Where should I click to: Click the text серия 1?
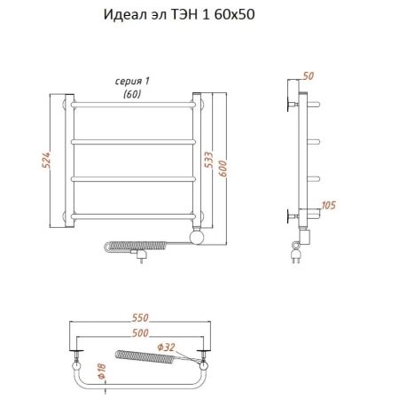click(131, 82)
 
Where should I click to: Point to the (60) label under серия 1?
click(131, 93)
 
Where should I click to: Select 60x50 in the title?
click(245, 16)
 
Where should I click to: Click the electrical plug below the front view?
click(139, 256)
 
